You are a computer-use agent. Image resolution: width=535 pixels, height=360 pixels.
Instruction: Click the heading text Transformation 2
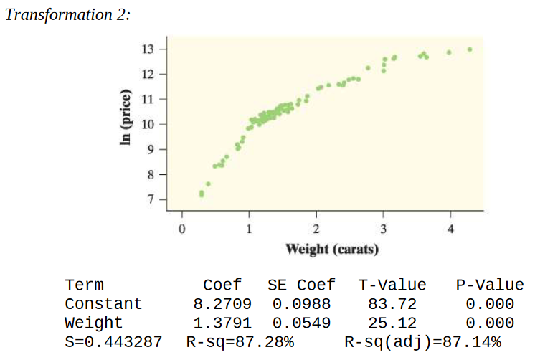(x=67, y=15)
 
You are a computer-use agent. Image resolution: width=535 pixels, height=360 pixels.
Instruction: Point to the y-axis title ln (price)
(x=126, y=119)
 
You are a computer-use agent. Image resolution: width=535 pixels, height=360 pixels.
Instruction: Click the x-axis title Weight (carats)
(x=332, y=249)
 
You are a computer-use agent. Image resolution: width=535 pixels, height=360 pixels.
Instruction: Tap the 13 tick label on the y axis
(x=148, y=49)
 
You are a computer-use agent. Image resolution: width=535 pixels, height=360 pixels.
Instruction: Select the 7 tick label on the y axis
(x=151, y=199)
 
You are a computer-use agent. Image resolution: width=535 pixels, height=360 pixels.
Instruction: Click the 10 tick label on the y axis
(x=148, y=124)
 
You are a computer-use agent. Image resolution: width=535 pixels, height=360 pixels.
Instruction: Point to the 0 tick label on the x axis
(x=182, y=229)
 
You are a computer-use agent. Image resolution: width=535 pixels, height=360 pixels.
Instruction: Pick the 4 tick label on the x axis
(x=450, y=229)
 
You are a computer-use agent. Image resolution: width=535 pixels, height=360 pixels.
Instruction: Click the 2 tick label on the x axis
(x=316, y=229)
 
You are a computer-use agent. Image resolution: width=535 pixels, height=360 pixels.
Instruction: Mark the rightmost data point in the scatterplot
(x=470, y=49)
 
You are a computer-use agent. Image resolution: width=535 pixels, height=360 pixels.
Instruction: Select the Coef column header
(x=222, y=285)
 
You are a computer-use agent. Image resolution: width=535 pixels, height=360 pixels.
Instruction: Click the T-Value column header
(x=392, y=285)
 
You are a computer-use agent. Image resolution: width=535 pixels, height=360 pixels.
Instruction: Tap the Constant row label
(x=103, y=303)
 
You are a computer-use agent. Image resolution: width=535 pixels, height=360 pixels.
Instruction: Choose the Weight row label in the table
(x=93, y=322)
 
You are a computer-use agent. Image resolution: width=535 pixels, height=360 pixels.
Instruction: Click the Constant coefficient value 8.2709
(x=217, y=303)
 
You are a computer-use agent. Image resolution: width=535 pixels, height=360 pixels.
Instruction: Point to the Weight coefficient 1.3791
(x=217, y=322)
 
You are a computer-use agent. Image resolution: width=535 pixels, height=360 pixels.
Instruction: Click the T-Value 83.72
(x=392, y=303)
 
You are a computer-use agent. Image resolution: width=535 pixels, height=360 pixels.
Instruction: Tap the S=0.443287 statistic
(x=113, y=341)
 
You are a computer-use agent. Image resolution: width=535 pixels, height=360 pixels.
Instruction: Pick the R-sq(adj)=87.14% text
(x=422, y=341)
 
